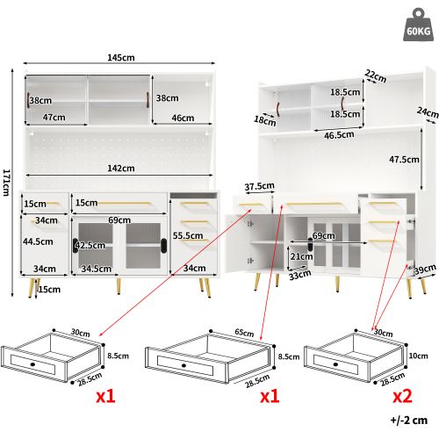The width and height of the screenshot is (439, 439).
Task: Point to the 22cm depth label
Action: click(x=376, y=77)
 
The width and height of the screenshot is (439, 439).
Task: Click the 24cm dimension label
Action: click(x=427, y=112)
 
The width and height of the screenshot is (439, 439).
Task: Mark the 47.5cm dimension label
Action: click(x=403, y=160)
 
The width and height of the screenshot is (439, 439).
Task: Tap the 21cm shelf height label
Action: click(x=300, y=256)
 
